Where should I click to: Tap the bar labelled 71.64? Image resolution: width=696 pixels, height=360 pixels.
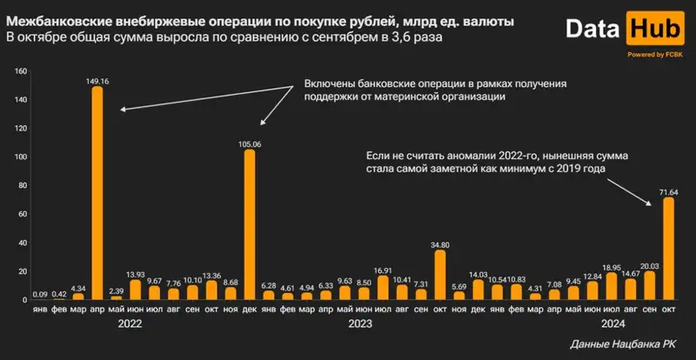point(668,248)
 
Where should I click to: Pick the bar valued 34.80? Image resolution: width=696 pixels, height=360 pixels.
point(440,275)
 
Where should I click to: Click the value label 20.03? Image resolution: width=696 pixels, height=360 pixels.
point(649,265)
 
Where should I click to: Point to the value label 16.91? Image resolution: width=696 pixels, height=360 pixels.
point(383,270)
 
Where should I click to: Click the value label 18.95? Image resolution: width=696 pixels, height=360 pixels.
point(611,268)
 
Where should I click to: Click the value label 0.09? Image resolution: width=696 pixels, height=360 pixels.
point(41,294)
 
